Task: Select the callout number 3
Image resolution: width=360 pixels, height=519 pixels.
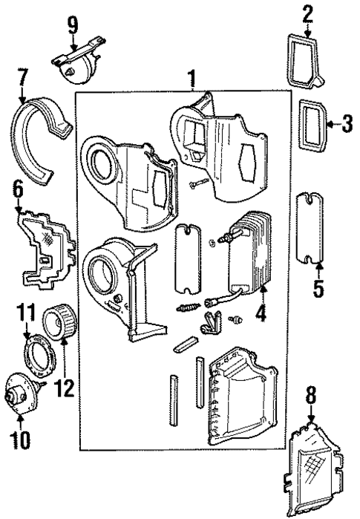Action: tap(346, 124)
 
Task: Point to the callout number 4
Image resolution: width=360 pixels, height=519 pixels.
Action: tap(260, 314)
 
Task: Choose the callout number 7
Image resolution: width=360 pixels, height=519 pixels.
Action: tap(22, 76)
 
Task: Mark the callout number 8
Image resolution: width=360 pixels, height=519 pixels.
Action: tap(311, 395)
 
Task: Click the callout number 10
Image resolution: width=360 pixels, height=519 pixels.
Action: tap(21, 440)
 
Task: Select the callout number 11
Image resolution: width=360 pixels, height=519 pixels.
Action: tap(27, 313)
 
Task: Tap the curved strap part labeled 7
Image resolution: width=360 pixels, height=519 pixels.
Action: tap(37, 141)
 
